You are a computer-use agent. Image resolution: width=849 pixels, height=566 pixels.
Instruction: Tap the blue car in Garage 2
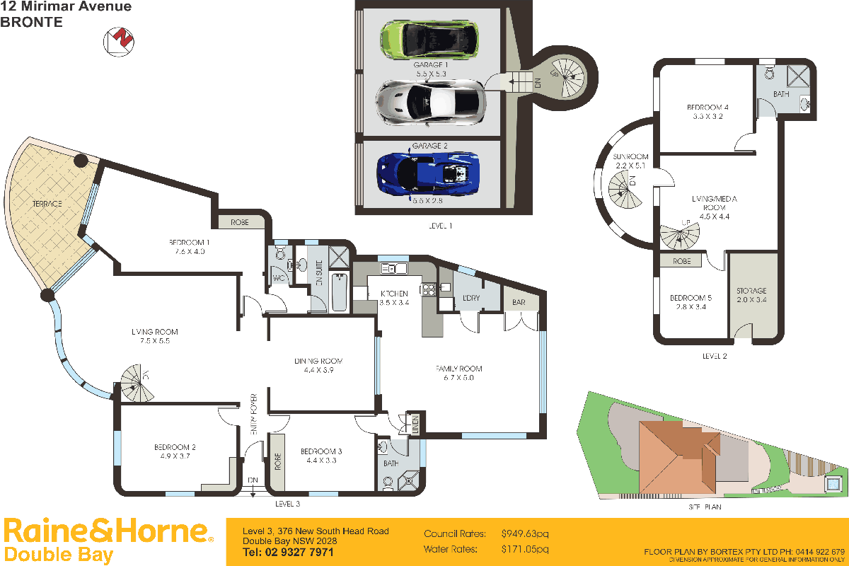428,173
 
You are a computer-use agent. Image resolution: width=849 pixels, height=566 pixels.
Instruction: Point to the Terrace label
47,204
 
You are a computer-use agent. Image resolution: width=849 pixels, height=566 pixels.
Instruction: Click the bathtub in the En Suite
339,291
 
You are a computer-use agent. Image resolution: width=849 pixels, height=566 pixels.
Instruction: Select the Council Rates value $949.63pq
524,533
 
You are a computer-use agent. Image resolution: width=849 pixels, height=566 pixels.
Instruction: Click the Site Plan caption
704,507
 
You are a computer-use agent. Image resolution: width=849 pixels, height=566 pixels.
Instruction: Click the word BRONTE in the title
32,22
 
